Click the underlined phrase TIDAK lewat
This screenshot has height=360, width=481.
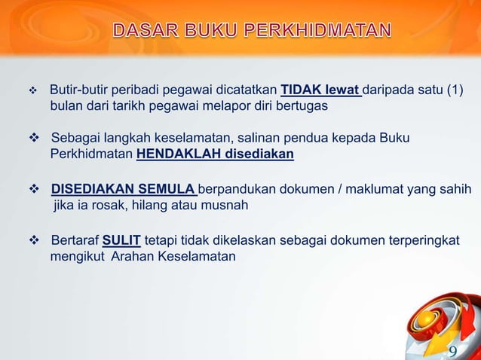click(321, 92)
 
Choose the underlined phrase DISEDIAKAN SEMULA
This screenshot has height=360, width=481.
click(124, 188)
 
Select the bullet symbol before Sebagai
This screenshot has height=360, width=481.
click(32, 139)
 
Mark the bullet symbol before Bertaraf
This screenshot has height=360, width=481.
click(32, 240)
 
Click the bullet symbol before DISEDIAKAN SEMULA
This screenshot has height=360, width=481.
click(32, 188)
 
